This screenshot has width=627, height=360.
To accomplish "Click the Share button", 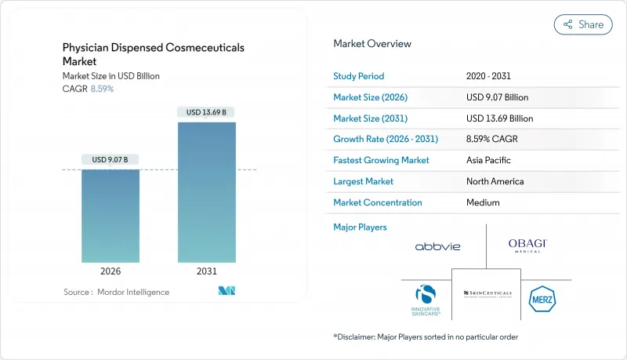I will pyautogui.click(x=583, y=24).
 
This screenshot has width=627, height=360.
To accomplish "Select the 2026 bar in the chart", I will pyautogui.click(x=111, y=216).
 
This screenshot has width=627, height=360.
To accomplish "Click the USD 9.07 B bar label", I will pyautogui.click(x=111, y=160).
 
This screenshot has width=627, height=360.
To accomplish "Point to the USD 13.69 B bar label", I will pyautogui.click(x=207, y=112).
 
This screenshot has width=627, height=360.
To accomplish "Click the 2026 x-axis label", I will pyautogui.click(x=111, y=271).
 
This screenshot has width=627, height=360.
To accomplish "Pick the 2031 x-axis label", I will pyautogui.click(x=207, y=271).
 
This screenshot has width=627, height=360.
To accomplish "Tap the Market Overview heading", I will pyautogui.click(x=372, y=44).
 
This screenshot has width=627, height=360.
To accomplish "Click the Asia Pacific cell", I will pyautogui.click(x=488, y=160).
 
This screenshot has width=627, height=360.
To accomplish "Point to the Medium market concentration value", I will pyautogui.click(x=484, y=202).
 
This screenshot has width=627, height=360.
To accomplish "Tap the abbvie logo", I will pyautogui.click(x=437, y=246).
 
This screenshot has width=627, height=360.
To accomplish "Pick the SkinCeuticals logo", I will pyautogui.click(x=487, y=293).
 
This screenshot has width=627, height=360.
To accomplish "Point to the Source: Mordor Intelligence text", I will pyautogui.click(x=116, y=292).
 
